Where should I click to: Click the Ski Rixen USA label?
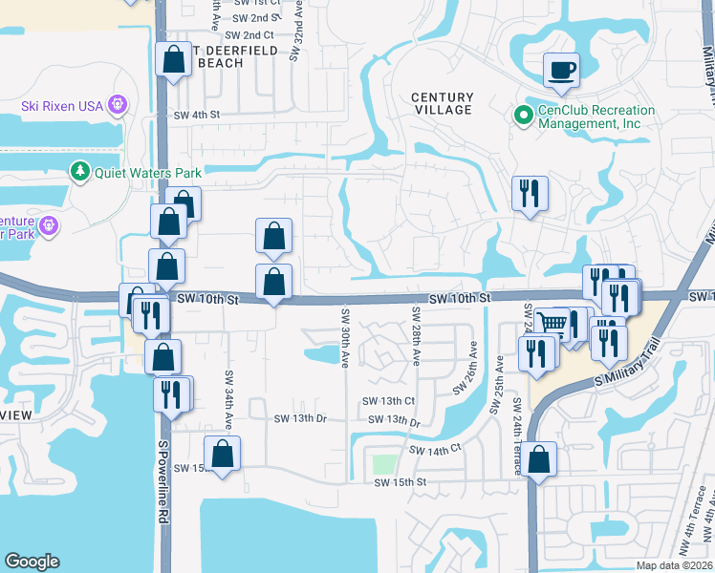point(62,105)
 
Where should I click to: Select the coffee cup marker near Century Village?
point(561,70)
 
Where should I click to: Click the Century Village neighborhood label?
point(442,103)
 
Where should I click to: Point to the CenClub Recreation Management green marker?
point(524,117)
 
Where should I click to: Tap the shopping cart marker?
point(552,323)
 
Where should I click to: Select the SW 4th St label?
point(197,115)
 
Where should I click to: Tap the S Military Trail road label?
point(628,363)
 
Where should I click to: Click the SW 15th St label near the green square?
point(400,482)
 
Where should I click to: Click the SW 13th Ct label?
point(388,402)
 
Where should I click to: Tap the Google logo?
point(32,562)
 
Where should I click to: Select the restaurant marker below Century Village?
point(529,194)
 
